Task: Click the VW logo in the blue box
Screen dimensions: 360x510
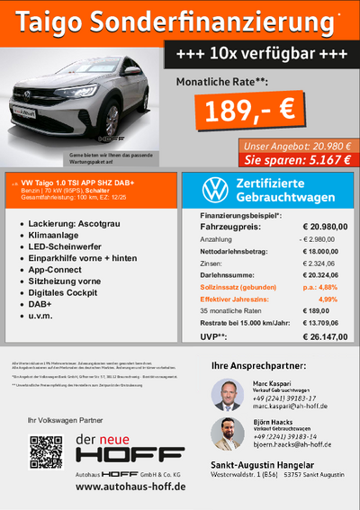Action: pyautogui.click(x=213, y=190)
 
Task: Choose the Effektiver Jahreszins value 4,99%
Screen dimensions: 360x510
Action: pyautogui.click(x=328, y=299)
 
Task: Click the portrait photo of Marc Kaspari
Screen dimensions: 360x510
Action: pyautogui.click(x=225, y=395)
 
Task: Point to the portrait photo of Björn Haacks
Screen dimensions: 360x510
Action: pyautogui.click(x=225, y=434)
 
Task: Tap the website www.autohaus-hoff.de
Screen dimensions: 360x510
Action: pyautogui.click(x=130, y=487)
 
